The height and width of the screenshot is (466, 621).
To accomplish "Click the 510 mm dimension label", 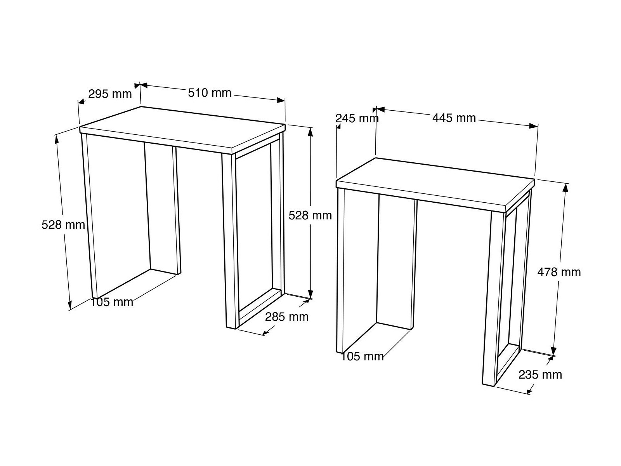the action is coord(210,93).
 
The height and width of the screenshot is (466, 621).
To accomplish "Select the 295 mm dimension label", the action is coord(110,94).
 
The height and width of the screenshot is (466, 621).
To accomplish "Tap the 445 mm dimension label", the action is coord(454,118).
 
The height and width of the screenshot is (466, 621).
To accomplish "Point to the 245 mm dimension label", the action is coord(357,118).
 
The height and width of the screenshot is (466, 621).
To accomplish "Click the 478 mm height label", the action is coord(559,272).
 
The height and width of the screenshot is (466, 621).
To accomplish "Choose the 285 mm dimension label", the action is coord(286,317).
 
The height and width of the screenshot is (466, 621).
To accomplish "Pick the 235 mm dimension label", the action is coord(540,375).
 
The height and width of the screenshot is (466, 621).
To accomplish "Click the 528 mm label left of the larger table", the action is coord(63,225).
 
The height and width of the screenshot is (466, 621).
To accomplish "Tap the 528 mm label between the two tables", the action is coord(310,216).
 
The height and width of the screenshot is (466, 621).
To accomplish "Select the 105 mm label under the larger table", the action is coord(112,302).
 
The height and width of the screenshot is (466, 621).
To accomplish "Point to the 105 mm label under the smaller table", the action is coord(363,356).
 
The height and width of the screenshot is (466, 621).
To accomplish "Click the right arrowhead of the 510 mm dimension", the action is coord(281,100).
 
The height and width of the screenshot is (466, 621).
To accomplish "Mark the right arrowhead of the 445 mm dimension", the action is coord(534,126).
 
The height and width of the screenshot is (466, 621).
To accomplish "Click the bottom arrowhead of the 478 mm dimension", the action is coord(554,351).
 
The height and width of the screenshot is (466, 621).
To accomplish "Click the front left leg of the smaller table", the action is coord(341,270).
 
